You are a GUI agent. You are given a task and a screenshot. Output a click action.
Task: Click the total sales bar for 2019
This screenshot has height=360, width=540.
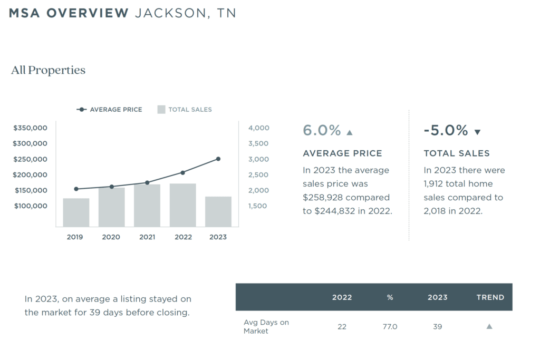pos(76,212)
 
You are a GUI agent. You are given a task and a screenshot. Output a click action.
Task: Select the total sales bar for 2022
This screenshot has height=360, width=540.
pos(182,205)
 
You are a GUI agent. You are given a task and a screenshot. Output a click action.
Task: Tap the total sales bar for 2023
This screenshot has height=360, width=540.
pos(218,211)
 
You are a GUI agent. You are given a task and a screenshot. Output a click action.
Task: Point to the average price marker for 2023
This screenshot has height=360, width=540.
pos(218,159)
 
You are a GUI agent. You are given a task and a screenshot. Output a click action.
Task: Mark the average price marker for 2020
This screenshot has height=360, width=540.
pos(111,187)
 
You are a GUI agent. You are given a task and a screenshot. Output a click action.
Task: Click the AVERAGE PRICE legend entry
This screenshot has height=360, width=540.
pos(110,110)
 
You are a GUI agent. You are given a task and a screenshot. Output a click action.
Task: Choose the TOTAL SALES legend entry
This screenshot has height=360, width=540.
pos(185,110)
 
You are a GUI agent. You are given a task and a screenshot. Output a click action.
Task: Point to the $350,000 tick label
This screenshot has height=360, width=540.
pos(30,128)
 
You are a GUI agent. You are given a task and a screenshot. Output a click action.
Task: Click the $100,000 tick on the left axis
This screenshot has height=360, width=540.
pos(30,206)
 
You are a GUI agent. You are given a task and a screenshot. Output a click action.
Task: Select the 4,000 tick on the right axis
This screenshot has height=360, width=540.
pos(258,128)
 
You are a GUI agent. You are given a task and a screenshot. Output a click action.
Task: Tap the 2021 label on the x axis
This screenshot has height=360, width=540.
pos(147,237)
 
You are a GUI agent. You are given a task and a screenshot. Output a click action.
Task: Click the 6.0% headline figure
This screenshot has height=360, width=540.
pos(322,130)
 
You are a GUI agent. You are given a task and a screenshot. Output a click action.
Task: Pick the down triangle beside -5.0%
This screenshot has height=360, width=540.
pos(478,132)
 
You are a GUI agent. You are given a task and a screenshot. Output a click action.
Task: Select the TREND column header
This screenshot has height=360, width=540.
pos(490,297)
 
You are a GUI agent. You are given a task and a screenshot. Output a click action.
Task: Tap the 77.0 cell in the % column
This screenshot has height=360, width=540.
pos(390,327)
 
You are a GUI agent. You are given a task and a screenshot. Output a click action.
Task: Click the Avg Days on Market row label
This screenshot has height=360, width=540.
pos(266,326)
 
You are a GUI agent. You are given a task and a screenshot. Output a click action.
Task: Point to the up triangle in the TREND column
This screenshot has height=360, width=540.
pos(489,327)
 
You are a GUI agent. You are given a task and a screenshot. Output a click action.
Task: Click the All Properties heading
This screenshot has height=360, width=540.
pos(48,70)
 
